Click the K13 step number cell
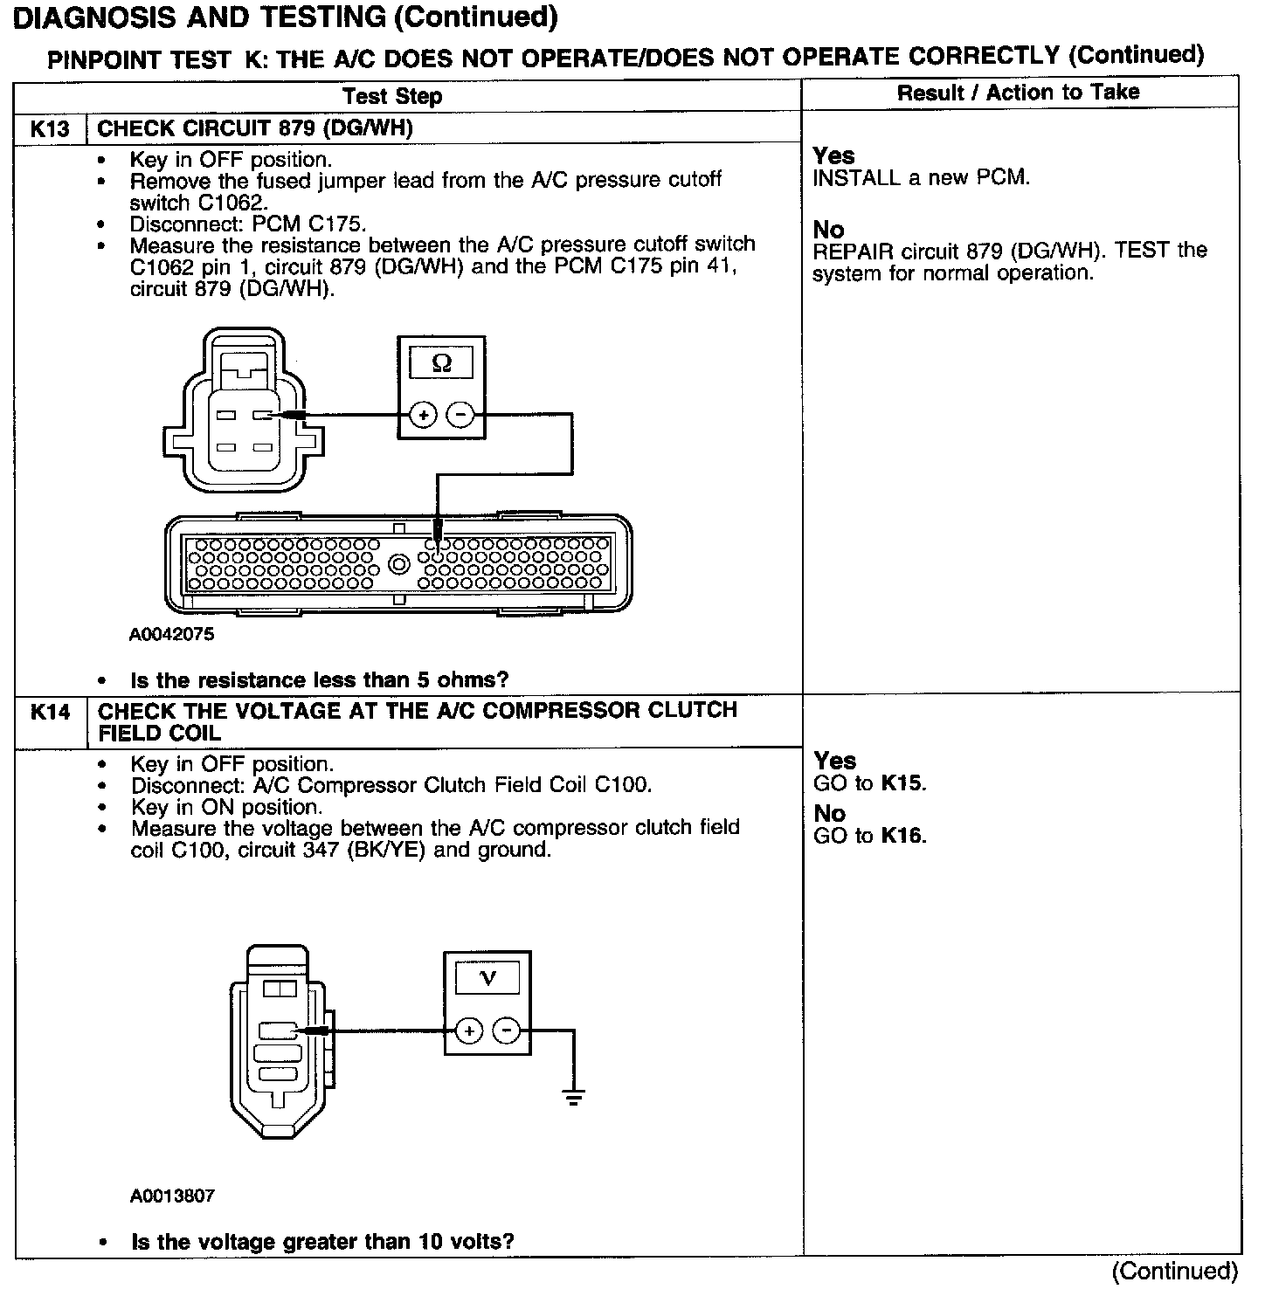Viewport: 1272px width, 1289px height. click(x=50, y=129)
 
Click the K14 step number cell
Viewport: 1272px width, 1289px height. click(x=50, y=712)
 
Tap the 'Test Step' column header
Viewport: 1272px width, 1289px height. click(x=392, y=96)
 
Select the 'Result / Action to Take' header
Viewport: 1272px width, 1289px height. click(x=1018, y=93)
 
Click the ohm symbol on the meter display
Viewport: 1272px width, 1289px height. click(x=442, y=363)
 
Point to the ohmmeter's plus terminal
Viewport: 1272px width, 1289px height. click(x=423, y=416)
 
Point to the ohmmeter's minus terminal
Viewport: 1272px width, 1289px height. click(x=460, y=416)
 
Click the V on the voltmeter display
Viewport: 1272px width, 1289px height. click(x=488, y=978)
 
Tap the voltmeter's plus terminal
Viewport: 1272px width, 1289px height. click(x=469, y=1031)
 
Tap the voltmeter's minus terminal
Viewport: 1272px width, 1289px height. click(x=507, y=1031)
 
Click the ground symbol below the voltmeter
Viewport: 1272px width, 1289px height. click(x=573, y=1097)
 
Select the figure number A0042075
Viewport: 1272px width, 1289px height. click(x=171, y=635)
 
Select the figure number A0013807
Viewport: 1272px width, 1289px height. click(x=172, y=1196)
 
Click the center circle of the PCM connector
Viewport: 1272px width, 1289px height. click(x=398, y=564)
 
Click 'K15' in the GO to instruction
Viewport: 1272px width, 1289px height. click(x=902, y=783)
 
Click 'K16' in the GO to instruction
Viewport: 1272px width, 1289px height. click(x=902, y=836)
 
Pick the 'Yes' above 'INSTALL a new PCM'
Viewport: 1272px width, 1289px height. click(x=833, y=155)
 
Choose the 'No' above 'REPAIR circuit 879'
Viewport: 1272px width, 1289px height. click(x=828, y=230)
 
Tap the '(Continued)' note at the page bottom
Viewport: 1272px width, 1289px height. click(x=1175, y=1271)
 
